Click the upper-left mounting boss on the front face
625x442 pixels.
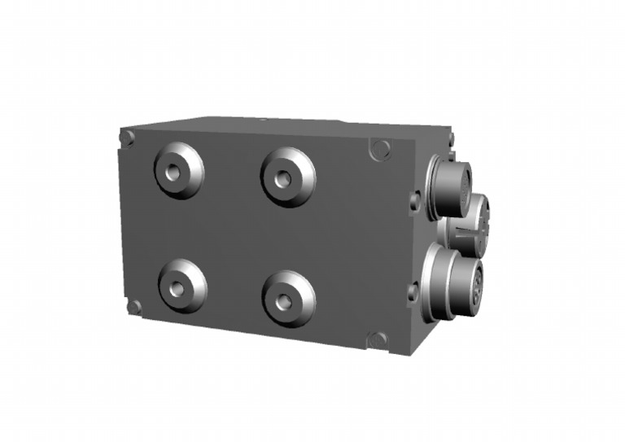tap(179, 172)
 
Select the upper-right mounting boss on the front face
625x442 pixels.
tap(288, 177)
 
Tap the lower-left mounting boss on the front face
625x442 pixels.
tap(182, 286)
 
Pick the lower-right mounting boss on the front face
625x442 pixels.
tap(288, 299)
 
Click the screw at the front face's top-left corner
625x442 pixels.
tap(127, 138)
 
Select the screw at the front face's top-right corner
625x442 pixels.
tap(379, 150)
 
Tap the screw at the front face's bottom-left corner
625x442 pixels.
tap(134, 307)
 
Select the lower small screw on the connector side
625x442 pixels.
tap(413, 291)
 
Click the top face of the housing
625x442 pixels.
tap(285, 125)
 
